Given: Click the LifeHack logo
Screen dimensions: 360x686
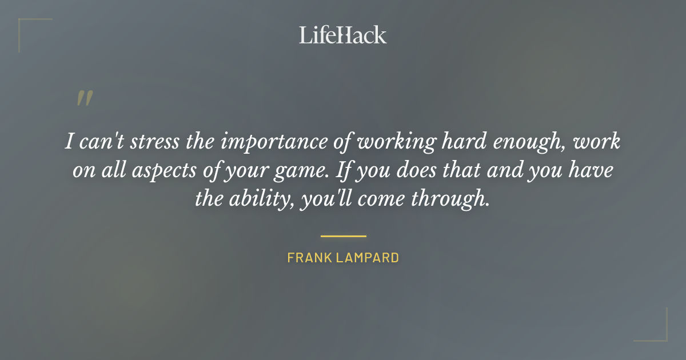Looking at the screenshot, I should coord(342,35).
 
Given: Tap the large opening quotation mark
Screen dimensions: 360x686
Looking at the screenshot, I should coord(84,98).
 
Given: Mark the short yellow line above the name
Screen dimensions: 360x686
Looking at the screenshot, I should coord(343,235).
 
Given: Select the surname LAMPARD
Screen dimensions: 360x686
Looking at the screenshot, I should coord(369,258).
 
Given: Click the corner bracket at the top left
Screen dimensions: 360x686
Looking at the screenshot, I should coord(26,26).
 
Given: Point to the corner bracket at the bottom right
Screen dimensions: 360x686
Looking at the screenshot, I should coord(660,334).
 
